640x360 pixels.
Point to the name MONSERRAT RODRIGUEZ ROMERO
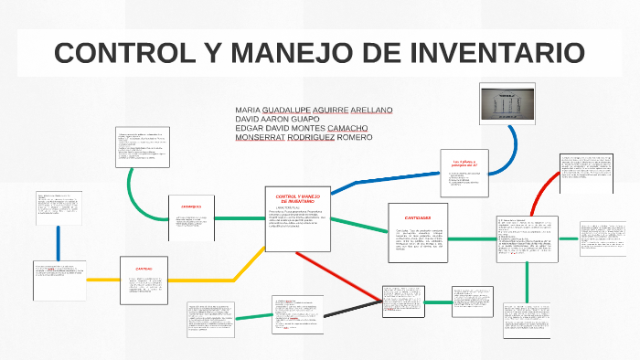[304, 138]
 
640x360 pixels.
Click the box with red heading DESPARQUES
[190, 218]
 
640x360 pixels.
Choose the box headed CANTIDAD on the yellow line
[144, 281]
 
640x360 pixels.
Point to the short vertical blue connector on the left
[59, 242]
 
